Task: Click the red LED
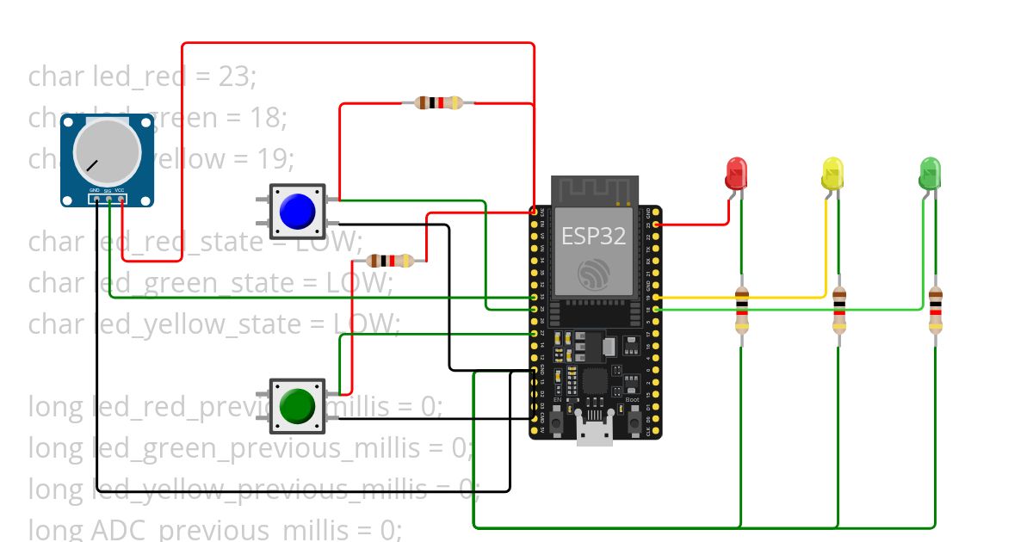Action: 736,173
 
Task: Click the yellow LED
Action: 832,173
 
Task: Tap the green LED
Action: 930,173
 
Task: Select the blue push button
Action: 297,211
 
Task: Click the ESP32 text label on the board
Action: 593,236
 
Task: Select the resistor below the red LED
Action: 741,311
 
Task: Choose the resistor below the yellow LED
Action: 839,311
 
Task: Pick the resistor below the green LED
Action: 936,311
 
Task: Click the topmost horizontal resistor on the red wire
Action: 440,103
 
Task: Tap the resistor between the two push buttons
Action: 392,260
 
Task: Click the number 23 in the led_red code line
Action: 235,77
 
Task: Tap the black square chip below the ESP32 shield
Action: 595,381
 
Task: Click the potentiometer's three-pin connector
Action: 108,200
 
